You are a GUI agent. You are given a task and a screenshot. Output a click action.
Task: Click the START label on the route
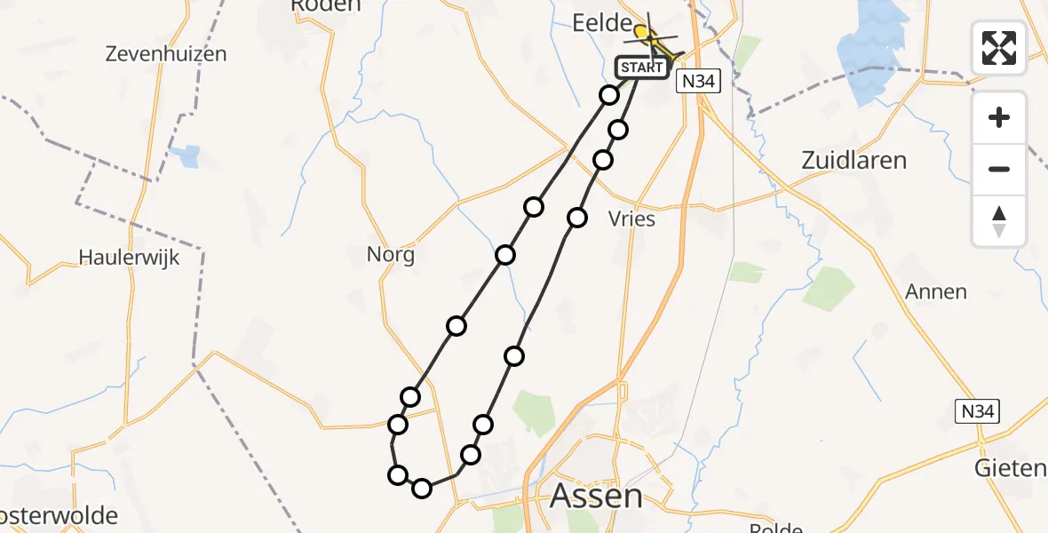(x=641, y=68)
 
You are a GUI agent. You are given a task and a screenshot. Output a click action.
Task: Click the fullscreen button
(x=999, y=48)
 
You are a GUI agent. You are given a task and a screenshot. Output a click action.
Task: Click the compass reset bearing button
(x=999, y=220)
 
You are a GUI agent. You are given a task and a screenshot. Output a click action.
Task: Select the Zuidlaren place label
(x=853, y=161)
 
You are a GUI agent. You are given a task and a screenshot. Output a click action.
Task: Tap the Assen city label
(x=596, y=496)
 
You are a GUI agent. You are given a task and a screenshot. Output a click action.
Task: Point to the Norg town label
(x=390, y=255)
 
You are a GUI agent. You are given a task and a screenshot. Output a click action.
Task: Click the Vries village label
(x=631, y=219)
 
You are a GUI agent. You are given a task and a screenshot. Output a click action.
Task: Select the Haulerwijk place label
(x=129, y=258)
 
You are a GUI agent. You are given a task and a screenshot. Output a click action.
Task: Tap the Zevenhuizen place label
(x=165, y=54)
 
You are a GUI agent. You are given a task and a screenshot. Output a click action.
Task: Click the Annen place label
(x=935, y=291)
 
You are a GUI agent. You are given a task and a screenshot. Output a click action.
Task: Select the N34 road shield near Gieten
(x=978, y=411)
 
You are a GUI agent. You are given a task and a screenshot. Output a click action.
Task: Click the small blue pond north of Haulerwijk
(x=188, y=156)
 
